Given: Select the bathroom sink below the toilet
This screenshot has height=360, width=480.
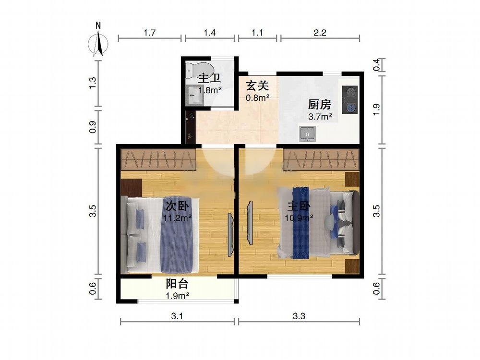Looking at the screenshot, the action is pyautogui.click(x=195, y=95).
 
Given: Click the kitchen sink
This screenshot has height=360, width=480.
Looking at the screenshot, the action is pyautogui.click(x=307, y=134).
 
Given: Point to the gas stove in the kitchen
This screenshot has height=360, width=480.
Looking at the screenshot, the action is pyautogui.click(x=350, y=99).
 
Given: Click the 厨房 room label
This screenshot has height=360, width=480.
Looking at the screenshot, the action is pyautogui.click(x=320, y=105).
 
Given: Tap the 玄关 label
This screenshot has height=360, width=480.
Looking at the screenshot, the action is pyautogui.click(x=257, y=86).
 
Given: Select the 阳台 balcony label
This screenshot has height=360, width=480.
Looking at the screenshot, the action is pyautogui.click(x=177, y=284).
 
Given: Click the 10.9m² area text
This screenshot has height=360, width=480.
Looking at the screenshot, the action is pyautogui.click(x=299, y=218).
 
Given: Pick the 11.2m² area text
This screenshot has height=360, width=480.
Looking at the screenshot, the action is pyautogui.click(x=177, y=218).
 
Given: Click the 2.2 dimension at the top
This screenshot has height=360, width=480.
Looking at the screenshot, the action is pyautogui.click(x=320, y=32).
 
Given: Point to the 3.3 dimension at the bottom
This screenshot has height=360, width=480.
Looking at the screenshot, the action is pyautogui.click(x=299, y=316).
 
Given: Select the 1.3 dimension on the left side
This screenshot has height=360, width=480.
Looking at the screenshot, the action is pyautogui.click(x=93, y=83).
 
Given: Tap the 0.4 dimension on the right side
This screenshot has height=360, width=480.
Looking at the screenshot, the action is pyautogui.click(x=376, y=65).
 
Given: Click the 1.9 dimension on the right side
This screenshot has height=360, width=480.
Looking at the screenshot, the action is pyautogui.click(x=376, y=109).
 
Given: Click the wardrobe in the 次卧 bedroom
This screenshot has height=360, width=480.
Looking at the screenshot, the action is pyautogui.click(x=158, y=159).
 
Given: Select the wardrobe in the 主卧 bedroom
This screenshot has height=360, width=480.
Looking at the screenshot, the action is pyautogui.click(x=321, y=159).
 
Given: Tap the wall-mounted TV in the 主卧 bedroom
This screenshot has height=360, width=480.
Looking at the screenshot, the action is pyautogui.click(x=250, y=223).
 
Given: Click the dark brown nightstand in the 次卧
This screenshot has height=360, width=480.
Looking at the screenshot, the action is pyautogui.click(x=132, y=188).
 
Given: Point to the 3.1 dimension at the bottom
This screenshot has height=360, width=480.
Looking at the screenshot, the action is pyautogui.click(x=177, y=316).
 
